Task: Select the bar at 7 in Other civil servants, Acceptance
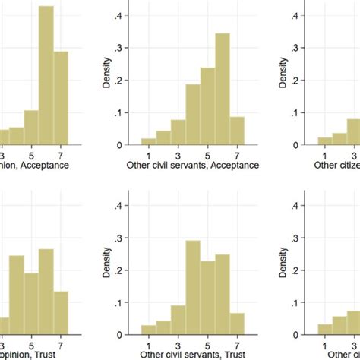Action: tap(238, 130)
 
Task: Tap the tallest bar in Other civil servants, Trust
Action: tap(193, 288)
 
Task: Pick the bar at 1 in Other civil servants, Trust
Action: tap(148, 329)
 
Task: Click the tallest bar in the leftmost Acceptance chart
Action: tap(46, 76)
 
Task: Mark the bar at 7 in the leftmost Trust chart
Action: tap(60, 312)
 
